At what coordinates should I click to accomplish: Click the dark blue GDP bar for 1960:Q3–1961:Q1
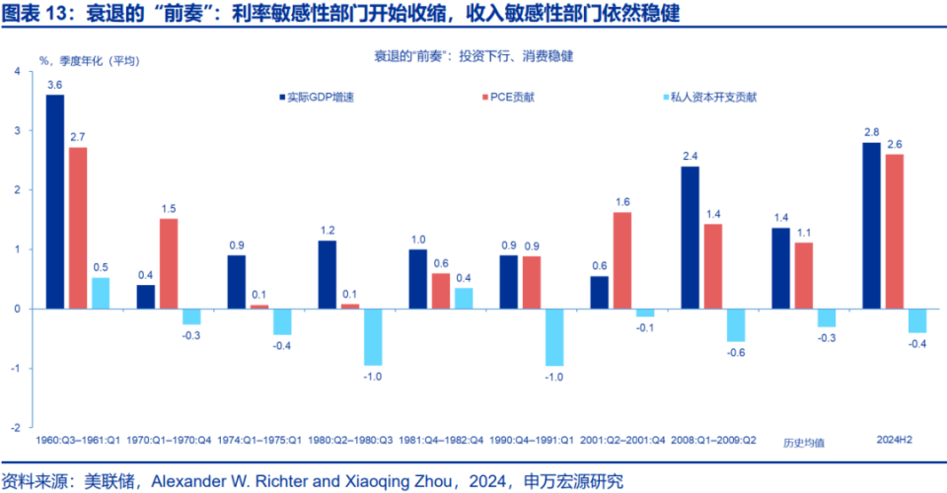(55, 201)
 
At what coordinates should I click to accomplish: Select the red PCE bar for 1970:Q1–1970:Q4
(169, 263)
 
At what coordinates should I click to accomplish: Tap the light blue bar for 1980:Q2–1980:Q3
(373, 336)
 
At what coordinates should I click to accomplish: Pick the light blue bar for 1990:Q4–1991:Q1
(554, 336)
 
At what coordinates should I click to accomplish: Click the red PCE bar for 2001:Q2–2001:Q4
(622, 260)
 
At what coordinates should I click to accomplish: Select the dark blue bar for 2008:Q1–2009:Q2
(691, 237)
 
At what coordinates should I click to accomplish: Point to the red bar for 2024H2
(895, 231)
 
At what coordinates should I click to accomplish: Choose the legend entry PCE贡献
(514, 98)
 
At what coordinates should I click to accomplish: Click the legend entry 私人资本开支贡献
(708, 98)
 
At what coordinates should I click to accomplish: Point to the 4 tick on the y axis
(17, 71)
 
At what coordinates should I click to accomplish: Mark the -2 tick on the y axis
(15, 429)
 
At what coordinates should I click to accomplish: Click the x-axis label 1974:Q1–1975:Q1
(259, 441)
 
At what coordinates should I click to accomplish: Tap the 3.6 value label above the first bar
(55, 85)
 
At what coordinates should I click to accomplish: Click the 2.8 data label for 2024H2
(872, 132)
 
